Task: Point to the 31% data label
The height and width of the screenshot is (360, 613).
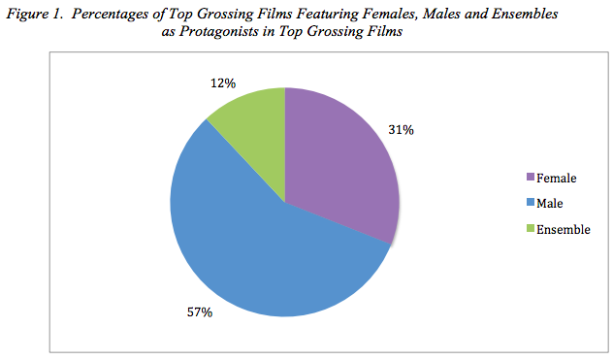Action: click(x=401, y=130)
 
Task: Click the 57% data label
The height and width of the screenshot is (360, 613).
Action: click(x=200, y=312)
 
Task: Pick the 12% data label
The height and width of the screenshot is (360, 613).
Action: click(x=223, y=83)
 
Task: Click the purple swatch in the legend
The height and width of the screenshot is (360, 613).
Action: click(x=531, y=177)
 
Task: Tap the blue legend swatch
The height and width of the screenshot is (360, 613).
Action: click(x=531, y=202)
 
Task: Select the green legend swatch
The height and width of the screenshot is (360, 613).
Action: click(x=531, y=228)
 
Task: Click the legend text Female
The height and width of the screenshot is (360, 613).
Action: click(x=557, y=178)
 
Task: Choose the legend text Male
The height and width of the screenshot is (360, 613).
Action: click(x=550, y=204)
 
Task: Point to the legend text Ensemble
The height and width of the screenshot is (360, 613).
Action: click(x=564, y=229)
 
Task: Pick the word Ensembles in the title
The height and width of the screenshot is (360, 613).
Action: click(x=525, y=15)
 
